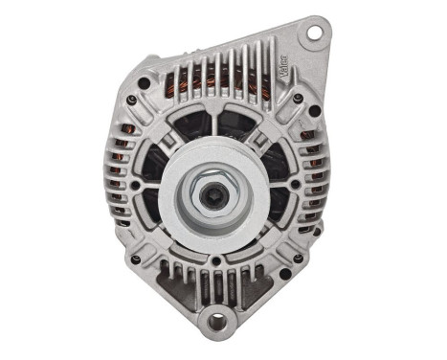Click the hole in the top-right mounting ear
[311, 35]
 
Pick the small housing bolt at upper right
[299, 98]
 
